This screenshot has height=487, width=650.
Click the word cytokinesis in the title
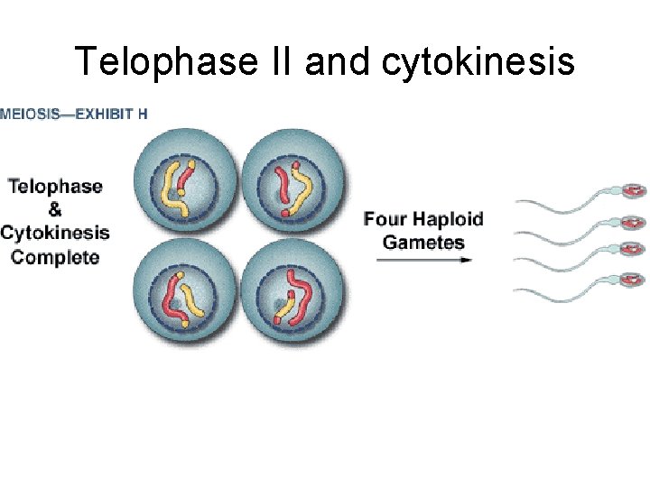[x=479, y=61]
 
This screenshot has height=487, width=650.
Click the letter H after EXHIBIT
[x=144, y=114]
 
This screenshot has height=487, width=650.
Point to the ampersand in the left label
[x=54, y=209]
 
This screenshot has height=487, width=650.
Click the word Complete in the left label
[x=54, y=257]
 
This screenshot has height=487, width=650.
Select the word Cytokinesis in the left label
[x=54, y=233]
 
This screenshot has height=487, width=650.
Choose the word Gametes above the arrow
[x=423, y=242]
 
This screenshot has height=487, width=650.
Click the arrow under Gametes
[x=423, y=260]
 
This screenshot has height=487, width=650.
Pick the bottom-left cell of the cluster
[x=186, y=290]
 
